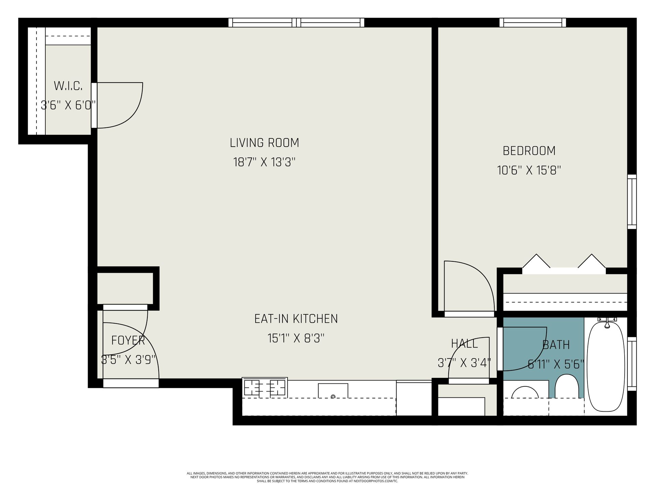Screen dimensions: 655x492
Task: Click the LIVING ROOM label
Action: click(x=264, y=143)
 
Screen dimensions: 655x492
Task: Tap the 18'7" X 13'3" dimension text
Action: click(x=264, y=162)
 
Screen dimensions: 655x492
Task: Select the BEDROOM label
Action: click(x=529, y=151)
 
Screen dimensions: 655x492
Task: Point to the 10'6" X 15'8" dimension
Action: click(x=529, y=170)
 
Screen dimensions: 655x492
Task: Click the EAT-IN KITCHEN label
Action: click(x=296, y=319)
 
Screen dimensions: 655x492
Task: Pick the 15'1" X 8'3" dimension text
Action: click(x=296, y=338)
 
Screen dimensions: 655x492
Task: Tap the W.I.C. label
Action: click(x=68, y=86)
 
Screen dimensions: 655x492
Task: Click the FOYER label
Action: click(x=128, y=340)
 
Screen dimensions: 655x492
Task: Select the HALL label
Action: click(x=464, y=343)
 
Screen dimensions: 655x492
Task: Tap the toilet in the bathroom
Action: click(x=567, y=386)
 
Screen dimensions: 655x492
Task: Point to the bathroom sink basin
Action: click(x=525, y=392)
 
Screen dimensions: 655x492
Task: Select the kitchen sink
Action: click(x=333, y=391)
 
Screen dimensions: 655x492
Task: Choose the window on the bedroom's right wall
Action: click(x=632, y=202)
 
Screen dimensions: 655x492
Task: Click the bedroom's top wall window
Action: click(x=533, y=23)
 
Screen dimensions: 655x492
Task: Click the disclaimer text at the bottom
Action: click(x=327, y=477)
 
